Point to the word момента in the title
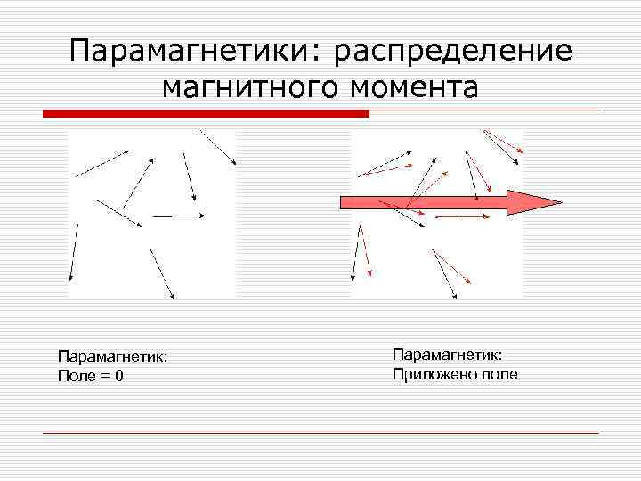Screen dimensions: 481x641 coord(415,87)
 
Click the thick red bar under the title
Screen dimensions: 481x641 coord(206,114)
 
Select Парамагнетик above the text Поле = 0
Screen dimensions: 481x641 coord(112,357)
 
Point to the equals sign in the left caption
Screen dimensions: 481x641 coord(104,376)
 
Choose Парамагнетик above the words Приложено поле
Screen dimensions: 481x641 coord(447,355)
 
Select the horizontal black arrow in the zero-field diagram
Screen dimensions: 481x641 coord(178,215)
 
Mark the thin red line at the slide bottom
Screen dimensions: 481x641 coord(320,433)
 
